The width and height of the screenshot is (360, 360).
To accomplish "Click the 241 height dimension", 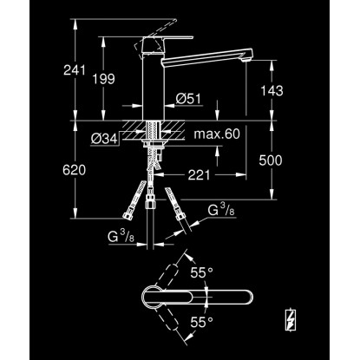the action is click(75, 70).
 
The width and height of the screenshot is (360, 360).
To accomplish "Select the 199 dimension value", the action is click(103, 79).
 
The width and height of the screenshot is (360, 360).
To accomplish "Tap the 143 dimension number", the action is click(272, 91).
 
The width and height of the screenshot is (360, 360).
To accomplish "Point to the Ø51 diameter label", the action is click(188, 99).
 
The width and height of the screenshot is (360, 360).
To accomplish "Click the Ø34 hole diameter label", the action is click(104, 139).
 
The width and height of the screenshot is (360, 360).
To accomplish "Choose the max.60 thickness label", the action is click(217, 134).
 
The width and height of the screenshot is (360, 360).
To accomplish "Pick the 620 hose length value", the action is click(75, 170).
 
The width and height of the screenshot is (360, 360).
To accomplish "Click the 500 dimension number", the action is click(271, 160).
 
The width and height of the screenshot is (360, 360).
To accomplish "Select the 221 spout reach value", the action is click(199, 174).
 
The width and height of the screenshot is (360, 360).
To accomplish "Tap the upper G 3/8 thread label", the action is click(221, 210).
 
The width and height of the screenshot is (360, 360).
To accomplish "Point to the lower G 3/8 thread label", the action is click(121, 237).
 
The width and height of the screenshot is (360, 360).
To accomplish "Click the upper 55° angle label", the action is click(201, 272).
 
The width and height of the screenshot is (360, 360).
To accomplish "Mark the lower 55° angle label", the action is click(201, 322).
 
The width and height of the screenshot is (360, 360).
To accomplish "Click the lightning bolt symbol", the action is click(290, 319).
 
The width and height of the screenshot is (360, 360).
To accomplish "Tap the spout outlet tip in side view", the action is click(248, 59).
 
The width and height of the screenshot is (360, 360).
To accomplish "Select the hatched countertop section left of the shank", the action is click(134, 130).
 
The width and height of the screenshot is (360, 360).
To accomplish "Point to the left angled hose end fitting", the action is click(128, 215).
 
